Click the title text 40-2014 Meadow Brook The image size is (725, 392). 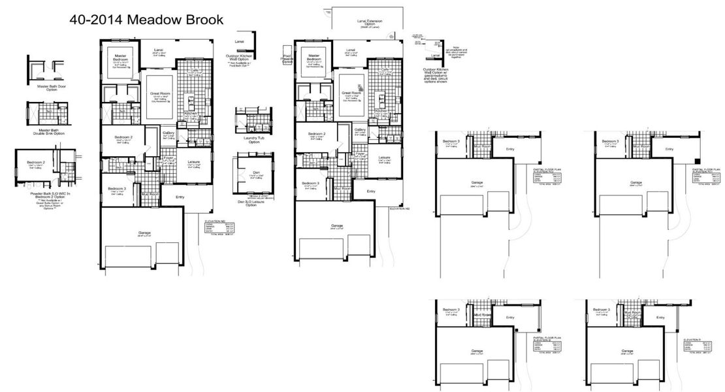[x=146, y=20]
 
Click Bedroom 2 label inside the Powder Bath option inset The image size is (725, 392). [x=35, y=162]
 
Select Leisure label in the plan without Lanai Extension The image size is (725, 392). [x=193, y=161]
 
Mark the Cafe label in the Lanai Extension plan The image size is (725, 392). [x=385, y=69]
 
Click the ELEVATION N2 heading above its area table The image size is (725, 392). [x=214, y=221]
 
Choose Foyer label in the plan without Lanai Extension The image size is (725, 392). [x=168, y=157]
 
